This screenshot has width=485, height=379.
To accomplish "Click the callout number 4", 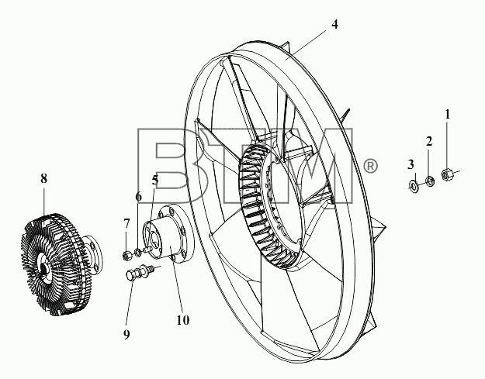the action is point(334,24).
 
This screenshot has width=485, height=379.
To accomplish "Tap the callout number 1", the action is point(447,114).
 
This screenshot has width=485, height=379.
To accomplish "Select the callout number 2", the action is point(428,142).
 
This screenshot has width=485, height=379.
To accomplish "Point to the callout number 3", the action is point(411,164).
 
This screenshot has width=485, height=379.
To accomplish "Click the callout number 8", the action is point(43,178).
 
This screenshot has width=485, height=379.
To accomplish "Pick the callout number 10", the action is point(183,320).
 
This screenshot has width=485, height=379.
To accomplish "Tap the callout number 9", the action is point(126,335).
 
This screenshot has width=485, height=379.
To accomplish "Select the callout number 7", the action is point(126,223).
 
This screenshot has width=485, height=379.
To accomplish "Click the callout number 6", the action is point(139,196).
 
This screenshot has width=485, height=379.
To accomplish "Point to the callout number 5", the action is point(155,181).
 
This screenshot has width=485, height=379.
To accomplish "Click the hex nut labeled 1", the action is point(447,174).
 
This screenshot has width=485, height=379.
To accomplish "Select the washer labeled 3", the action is point(414,185).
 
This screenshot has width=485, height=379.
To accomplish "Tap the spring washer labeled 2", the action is point(429,181).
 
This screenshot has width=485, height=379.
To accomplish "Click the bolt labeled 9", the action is point(140,271).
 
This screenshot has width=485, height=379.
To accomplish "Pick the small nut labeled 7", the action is point(126,256).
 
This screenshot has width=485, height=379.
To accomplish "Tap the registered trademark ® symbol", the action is point(370,166).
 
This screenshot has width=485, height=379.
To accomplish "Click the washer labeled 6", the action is point(137,252).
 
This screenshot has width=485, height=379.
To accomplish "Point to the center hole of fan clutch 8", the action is point(44,267).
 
